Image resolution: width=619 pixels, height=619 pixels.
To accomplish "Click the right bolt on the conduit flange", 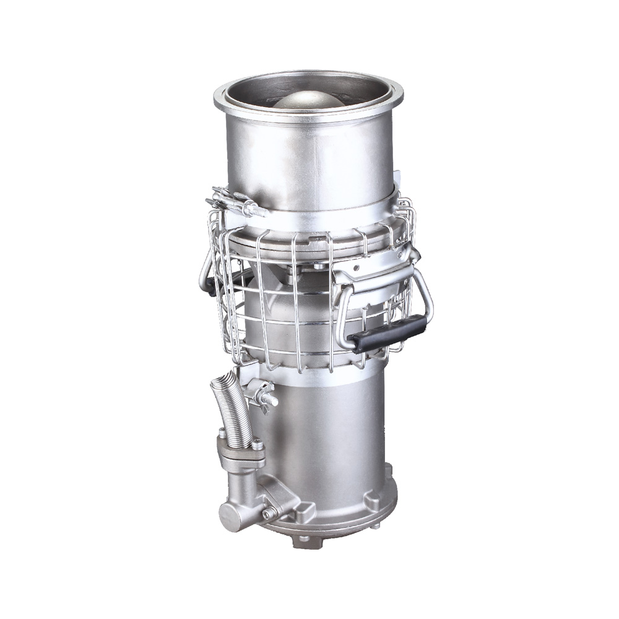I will (x=256, y=444).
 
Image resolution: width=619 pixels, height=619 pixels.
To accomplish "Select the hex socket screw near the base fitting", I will (x=269, y=513).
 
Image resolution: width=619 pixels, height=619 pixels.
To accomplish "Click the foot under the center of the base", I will (x=304, y=539).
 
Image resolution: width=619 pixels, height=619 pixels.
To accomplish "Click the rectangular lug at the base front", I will (x=307, y=511).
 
